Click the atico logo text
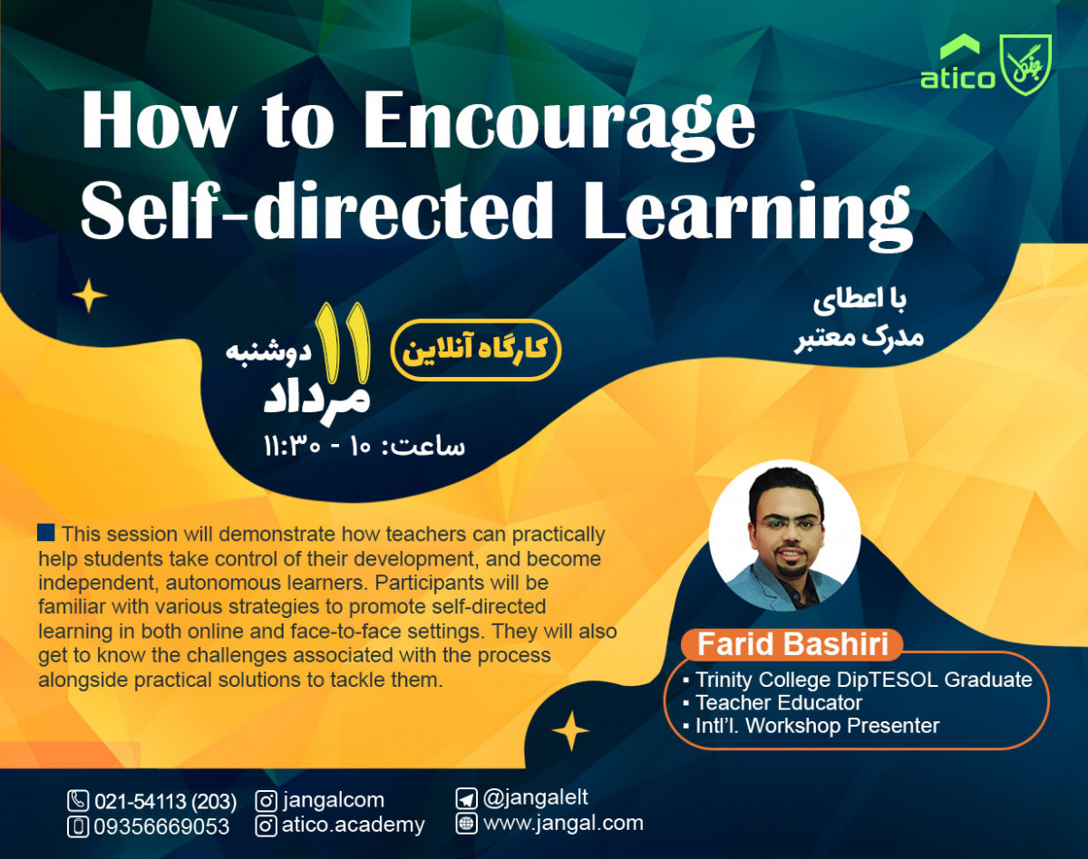point(957,78)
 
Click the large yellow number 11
point(343,342)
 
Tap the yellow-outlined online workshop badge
point(476,350)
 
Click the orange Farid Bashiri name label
point(792,645)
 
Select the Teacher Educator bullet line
point(778,702)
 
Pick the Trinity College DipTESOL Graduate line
point(862,680)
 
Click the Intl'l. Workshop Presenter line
point(816,725)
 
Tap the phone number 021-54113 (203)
point(165,801)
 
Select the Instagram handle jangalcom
point(333,800)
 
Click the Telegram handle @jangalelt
point(536,797)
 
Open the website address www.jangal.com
point(563,823)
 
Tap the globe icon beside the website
point(466,823)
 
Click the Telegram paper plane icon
point(466,798)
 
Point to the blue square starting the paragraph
point(46,532)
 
